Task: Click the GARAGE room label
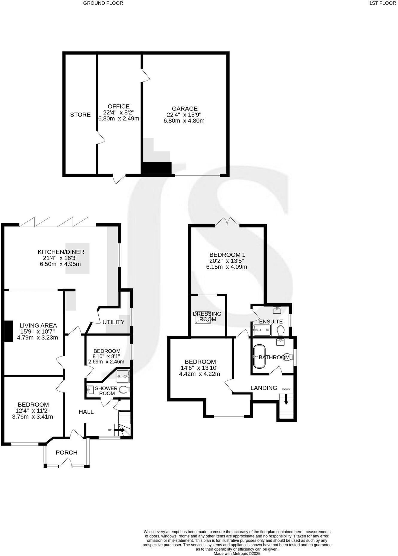[x=184, y=109]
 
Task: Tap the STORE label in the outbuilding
[x=80, y=115]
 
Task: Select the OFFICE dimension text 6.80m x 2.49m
[x=119, y=119]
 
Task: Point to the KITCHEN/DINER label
[x=61, y=252]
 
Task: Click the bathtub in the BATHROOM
[x=259, y=357]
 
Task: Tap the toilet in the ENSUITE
[x=280, y=331]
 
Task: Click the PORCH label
[x=66, y=452]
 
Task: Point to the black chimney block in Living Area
[x=9, y=331]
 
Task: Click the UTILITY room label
[x=113, y=322]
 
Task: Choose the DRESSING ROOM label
[x=207, y=316]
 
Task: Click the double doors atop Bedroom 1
[x=227, y=222]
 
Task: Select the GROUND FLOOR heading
[x=103, y=3]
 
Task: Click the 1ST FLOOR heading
[x=382, y=3]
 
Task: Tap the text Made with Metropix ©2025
[x=237, y=554]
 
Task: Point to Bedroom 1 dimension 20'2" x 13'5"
[x=227, y=261]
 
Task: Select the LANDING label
[x=264, y=388]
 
